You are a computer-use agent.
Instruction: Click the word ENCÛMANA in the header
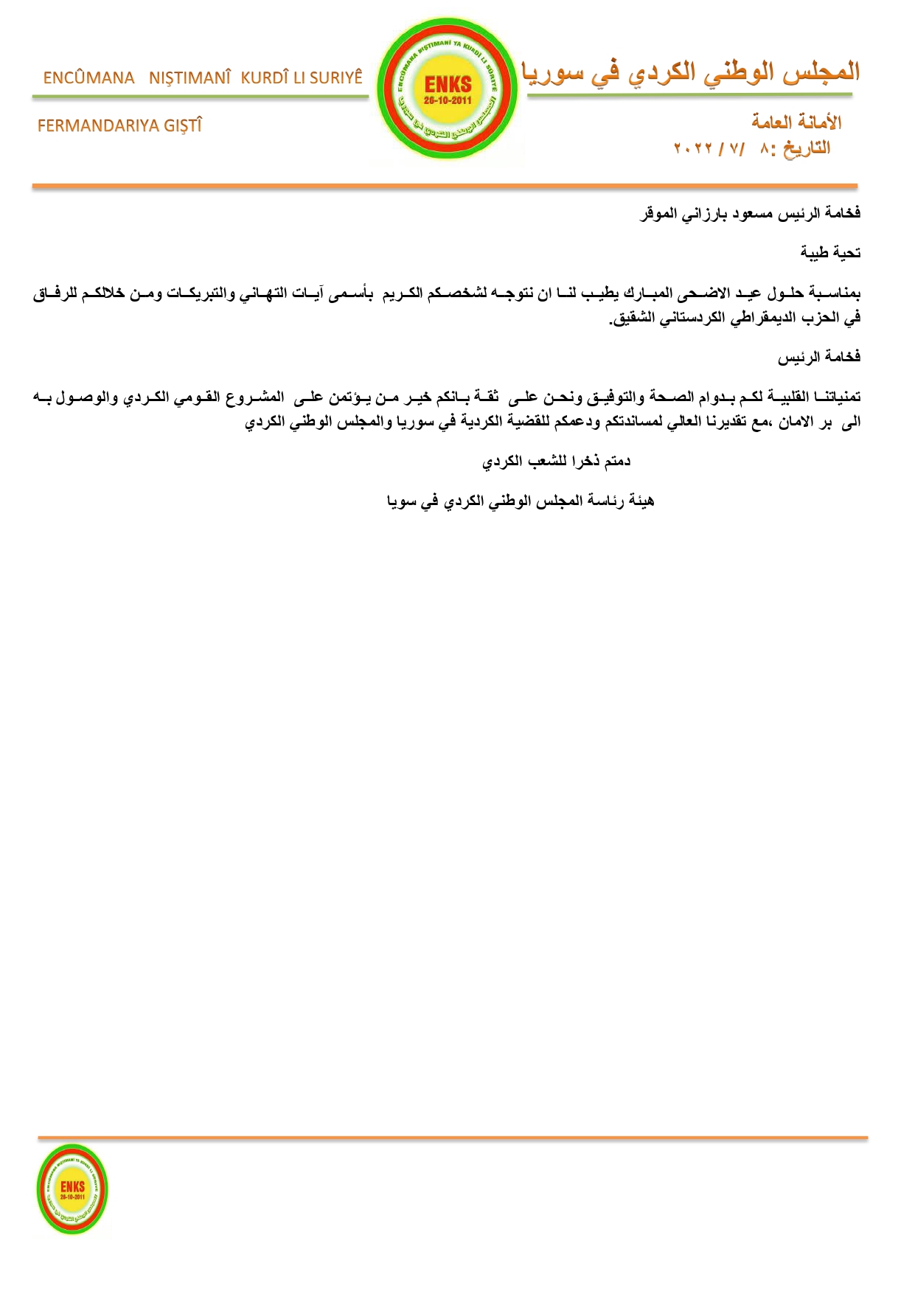[x=88, y=78]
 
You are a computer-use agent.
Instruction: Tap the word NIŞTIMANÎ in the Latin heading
[x=190, y=78]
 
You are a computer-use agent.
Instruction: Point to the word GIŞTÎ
[x=183, y=126]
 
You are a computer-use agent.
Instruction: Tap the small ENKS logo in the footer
[x=72, y=1189]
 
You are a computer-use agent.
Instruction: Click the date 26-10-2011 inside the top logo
[x=448, y=101]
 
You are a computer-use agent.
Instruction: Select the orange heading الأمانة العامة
[x=796, y=122]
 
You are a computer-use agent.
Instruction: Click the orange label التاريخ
[x=807, y=148]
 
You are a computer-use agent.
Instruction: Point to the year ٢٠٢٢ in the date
[x=693, y=149]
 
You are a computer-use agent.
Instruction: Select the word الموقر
[x=657, y=214]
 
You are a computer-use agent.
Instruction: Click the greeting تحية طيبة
[x=830, y=253]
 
